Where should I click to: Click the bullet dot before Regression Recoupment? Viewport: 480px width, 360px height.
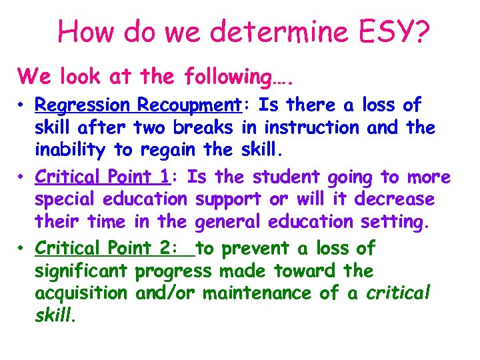22,106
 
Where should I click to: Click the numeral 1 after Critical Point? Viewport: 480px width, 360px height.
164,177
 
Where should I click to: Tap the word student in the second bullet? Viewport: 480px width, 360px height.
286,177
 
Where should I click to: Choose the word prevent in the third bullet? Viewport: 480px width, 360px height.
256,249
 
